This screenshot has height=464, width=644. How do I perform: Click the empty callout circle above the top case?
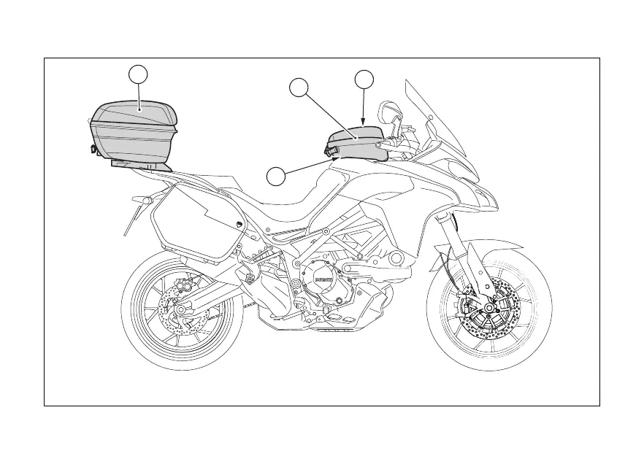(x=139, y=74)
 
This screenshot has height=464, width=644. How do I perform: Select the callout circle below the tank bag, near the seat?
(x=275, y=176)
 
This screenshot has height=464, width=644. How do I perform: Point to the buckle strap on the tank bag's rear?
(x=332, y=151)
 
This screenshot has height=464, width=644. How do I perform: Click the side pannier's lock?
(x=240, y=223)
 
